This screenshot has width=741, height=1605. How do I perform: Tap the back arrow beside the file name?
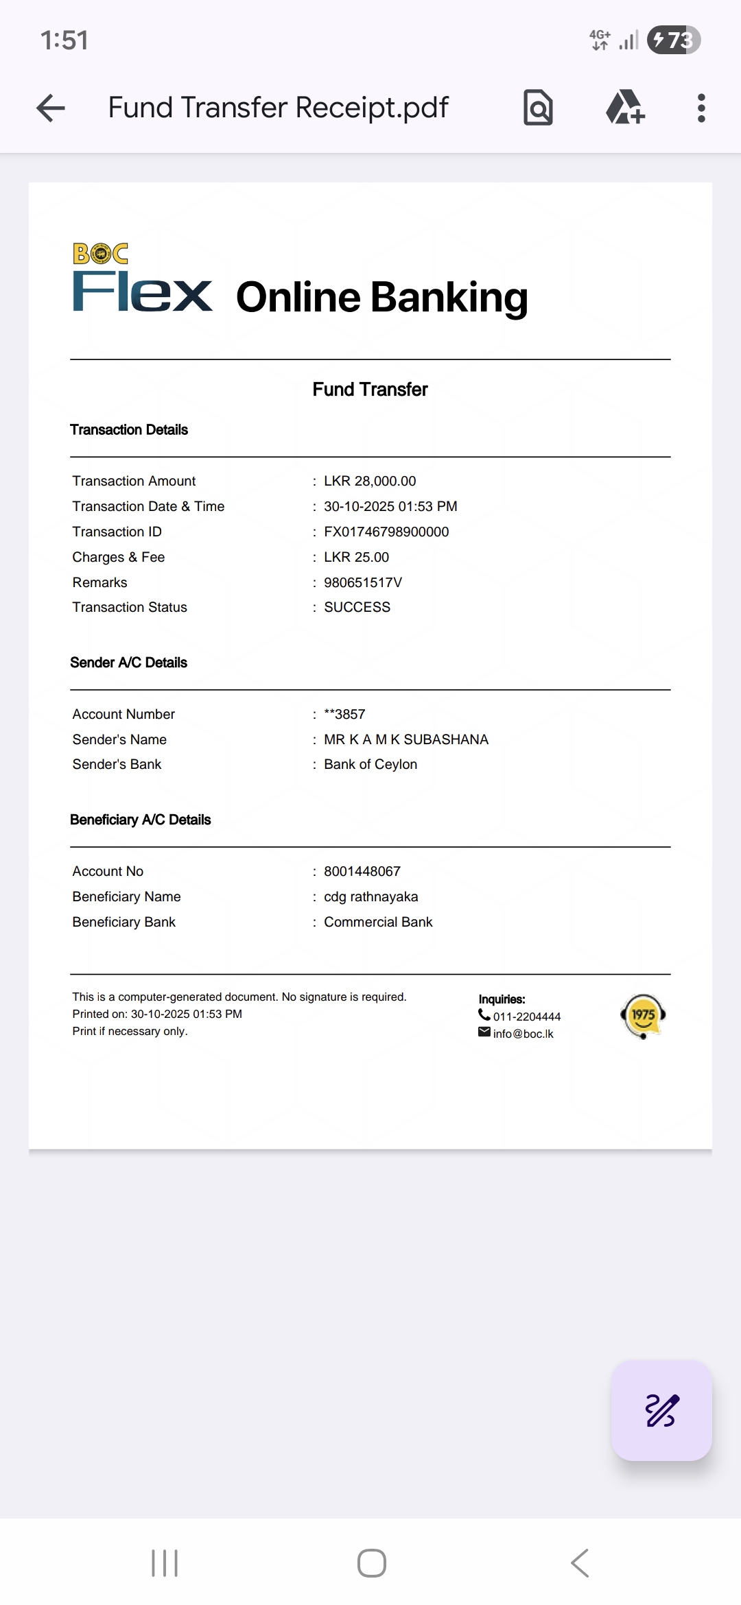[x=51, y=108]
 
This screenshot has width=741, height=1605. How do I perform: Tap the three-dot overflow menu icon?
[x=701, y=108]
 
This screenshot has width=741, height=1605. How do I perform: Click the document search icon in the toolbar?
[x=538, y=108]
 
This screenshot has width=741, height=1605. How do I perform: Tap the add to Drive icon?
[x=625, y=108]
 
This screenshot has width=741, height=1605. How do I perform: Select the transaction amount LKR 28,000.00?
[x=370, y=481]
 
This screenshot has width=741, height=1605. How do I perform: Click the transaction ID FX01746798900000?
[x=386, y=532]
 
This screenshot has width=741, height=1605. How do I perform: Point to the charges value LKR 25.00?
[x=356, y=557]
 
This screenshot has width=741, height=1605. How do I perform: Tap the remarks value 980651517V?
[x=363, y=582]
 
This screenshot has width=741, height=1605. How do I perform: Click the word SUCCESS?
[x=357, y=607]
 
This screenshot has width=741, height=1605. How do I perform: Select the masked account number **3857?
[x=344, y=714]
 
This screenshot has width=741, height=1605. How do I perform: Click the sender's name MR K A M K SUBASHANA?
[x=406, y=739]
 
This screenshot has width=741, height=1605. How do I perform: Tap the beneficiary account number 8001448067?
[x=362, y=871]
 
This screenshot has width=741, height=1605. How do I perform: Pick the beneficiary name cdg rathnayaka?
[x=370, y=896]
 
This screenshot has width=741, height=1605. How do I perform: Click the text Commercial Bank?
[x=378, y=922]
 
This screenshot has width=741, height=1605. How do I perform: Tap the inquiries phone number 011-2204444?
[x=526, y=1016]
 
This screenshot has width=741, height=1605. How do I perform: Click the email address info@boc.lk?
[x=523, y=1034]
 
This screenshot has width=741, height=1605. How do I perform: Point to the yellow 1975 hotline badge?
[x=643, y=1016]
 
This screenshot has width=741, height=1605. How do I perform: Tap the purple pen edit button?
[x=661, y=1411]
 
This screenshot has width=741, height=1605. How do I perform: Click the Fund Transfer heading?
[x=370, y=390]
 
